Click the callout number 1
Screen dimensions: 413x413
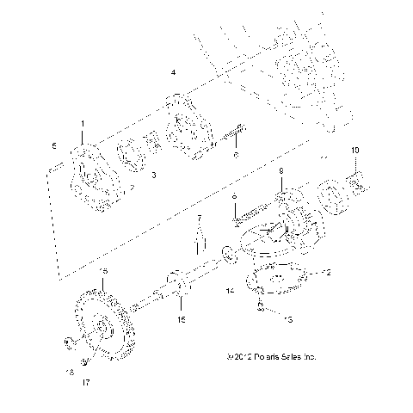82,124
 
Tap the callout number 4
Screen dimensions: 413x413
174,72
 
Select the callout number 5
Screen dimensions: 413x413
53,145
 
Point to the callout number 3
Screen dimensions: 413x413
152,175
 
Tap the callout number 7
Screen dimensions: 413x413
197,219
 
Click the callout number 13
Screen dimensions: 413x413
287,318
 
